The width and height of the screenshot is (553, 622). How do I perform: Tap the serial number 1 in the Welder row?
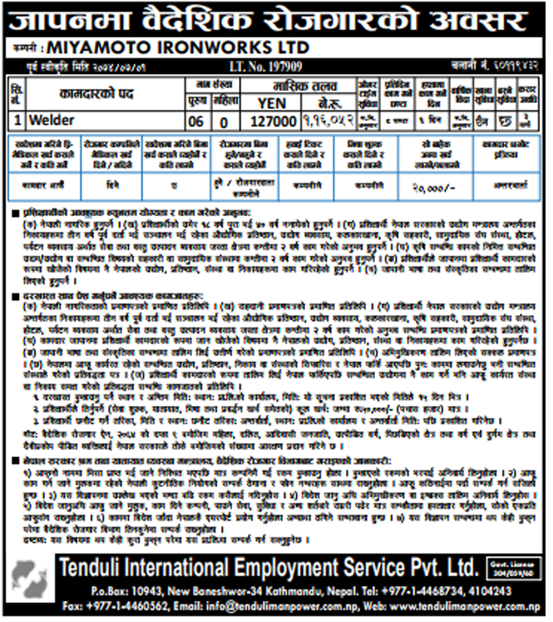[16, 121]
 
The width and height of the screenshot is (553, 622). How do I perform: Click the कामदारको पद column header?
[97, 93]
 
